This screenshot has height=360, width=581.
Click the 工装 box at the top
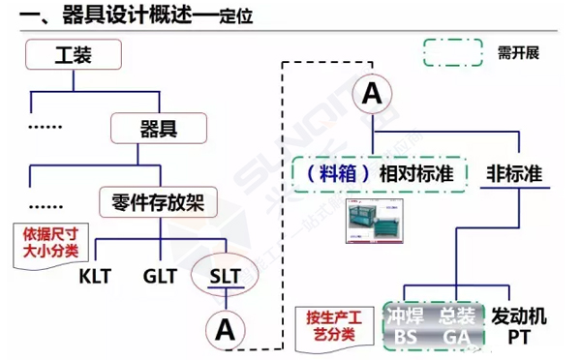74,56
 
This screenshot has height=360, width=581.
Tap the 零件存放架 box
158,201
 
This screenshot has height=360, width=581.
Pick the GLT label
160,276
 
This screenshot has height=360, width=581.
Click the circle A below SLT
226,329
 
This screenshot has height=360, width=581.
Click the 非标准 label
512,174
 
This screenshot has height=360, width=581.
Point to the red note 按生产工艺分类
325,326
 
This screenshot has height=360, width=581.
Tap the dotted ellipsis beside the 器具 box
46,127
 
